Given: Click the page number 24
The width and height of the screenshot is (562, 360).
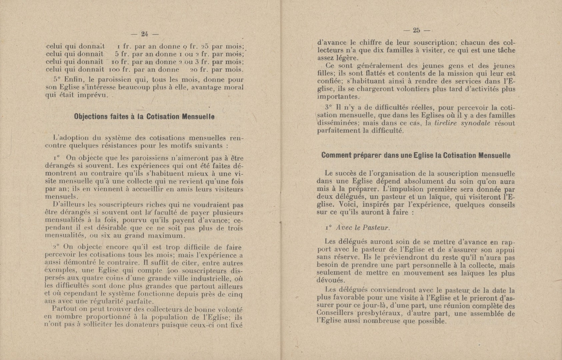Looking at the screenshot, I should point(144,34).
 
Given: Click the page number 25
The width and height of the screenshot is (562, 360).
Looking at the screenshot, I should point(416,30).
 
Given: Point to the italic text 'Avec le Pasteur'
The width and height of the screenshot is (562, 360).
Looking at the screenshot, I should point(363,228).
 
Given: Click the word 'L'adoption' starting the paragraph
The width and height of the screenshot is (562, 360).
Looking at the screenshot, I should point(69,138).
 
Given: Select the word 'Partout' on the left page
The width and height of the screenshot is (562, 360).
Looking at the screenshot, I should point(65,310).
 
